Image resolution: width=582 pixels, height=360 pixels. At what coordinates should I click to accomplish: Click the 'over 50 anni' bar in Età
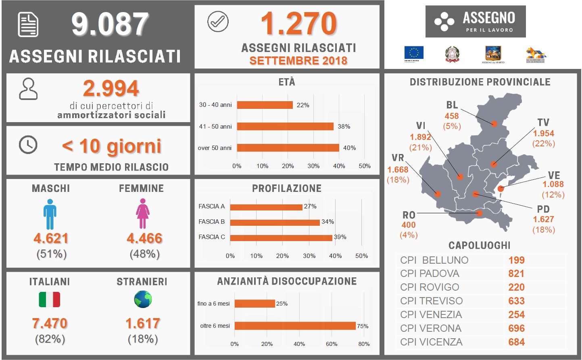point(288,148)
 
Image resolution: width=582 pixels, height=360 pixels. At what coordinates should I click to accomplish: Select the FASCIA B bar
point(275,222)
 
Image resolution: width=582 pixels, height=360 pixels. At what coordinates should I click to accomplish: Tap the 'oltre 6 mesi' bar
point(295,326)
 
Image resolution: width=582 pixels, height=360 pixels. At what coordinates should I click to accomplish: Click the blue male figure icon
point(50,214)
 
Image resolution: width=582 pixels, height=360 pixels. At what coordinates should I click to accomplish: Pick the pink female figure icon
point(142,214)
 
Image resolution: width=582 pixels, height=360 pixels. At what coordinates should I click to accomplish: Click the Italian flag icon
point(50,300)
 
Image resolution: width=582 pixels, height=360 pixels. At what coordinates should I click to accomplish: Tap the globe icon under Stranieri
point(143,299)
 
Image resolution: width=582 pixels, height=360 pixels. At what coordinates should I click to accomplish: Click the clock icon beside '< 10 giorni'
point(28,145)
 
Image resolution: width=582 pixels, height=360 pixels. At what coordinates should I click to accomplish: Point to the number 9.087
point(110,24)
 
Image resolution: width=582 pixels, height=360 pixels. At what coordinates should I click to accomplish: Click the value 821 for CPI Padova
point(516,274)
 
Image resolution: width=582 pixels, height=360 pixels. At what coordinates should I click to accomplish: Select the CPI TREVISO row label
point(431,301)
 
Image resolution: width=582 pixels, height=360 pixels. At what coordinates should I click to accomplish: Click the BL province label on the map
point(452,105)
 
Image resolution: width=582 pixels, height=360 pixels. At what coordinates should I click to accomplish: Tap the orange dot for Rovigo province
point(479,213)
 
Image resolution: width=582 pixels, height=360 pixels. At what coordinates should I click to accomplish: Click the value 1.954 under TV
point(543,133)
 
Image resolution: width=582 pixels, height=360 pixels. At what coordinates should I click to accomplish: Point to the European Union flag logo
point(414,54)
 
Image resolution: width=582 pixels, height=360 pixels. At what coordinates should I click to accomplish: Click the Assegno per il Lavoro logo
point(475,21)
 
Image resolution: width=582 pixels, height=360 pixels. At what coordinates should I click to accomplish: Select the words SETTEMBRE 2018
point(298,61)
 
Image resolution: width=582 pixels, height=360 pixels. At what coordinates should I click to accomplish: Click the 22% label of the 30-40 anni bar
point(303,105)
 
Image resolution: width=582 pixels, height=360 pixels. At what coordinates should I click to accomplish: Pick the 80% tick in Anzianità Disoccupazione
point(364,344)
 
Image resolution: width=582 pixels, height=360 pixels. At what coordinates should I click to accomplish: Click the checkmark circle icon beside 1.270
point(218,21)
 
